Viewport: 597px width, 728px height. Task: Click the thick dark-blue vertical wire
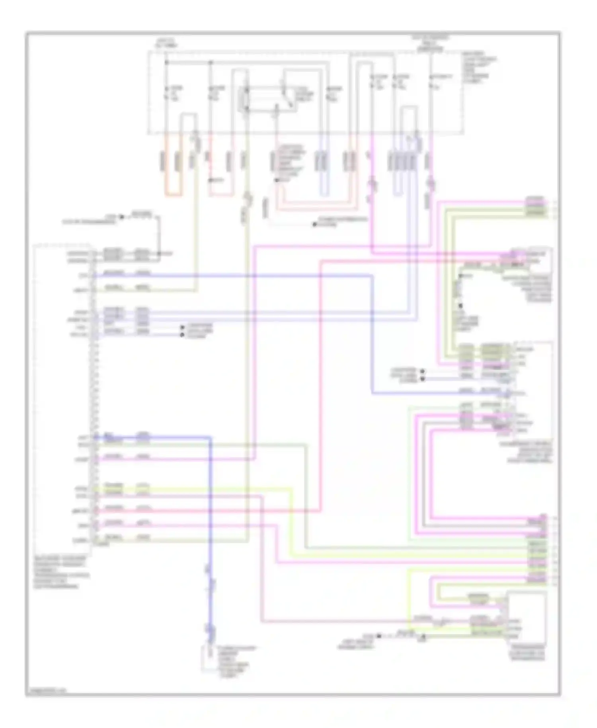pyautogui.click(x=210, y=518)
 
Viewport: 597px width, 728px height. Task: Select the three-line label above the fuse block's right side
pyautogui.click(x=430, y=43)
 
